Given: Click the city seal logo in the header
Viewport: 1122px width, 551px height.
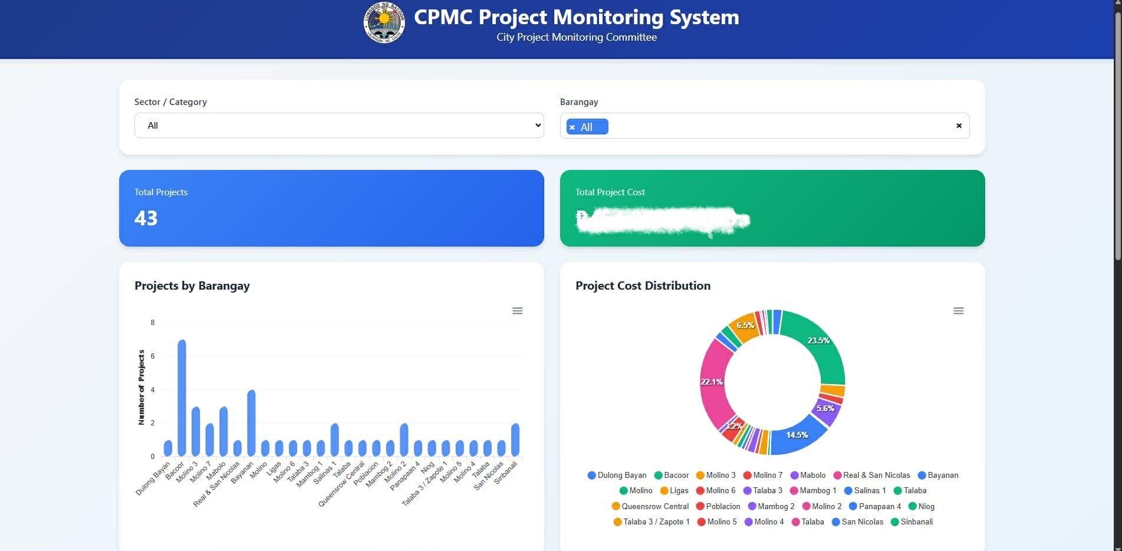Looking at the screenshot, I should point(384,23).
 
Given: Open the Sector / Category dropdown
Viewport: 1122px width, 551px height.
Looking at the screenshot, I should point(339,126).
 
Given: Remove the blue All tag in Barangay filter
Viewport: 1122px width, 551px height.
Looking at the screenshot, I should point(572,127).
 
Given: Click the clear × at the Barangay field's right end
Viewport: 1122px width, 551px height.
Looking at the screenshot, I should point(959,126).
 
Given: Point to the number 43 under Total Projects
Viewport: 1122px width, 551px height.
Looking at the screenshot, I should point(146,218).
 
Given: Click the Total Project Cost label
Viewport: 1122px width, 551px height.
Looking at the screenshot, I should point(610,192).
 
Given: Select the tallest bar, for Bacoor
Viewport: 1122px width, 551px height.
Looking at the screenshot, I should point(182,398).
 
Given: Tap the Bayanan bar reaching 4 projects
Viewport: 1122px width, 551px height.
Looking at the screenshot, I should point(251,423).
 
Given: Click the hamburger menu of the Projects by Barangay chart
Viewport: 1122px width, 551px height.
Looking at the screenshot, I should point(517,311).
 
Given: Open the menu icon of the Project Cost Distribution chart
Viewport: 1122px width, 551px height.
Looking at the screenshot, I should point(958,311).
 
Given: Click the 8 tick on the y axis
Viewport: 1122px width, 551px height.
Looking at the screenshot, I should point(153,323).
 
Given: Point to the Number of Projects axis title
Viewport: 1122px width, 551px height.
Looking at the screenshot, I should point(142,387).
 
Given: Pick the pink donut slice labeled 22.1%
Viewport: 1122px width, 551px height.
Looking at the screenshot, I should point(714,383).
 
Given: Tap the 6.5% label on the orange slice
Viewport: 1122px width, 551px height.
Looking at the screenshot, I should point(745,326).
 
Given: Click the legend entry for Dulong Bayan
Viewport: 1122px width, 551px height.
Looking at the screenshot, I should point(617,475).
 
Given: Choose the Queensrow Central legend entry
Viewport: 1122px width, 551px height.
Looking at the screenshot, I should point(650,507).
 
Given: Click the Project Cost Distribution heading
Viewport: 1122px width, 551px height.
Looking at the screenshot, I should point(643,286).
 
